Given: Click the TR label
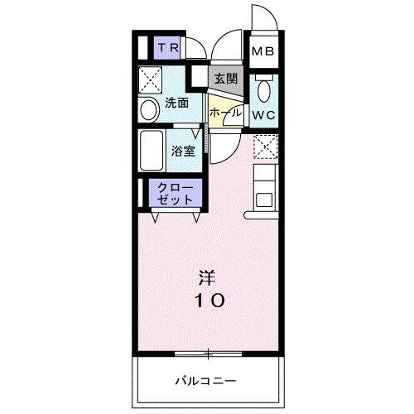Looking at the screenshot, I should (x=169, y=49).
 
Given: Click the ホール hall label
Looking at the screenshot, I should (x=224, y=112).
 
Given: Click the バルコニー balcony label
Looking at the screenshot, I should (x=207, y=381).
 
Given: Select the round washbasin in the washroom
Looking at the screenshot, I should (x=148, y=109).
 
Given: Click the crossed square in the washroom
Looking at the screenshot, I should (x=150, y=79).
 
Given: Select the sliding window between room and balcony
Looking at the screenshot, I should (x=208, y=354).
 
